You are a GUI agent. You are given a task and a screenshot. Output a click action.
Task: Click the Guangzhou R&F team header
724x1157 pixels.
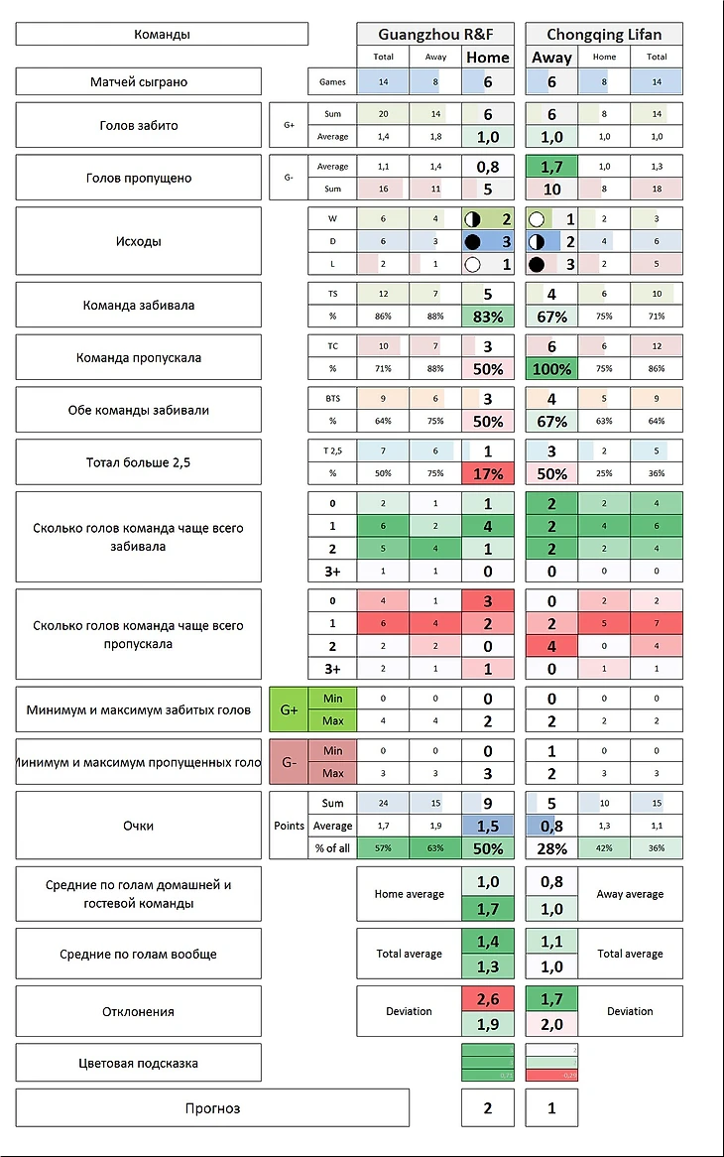[x=435, y=35]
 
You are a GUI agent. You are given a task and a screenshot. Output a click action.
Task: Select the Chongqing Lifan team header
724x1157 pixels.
[x=604, y=35]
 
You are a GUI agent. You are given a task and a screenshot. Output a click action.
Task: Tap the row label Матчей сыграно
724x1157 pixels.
[x=138, y=81]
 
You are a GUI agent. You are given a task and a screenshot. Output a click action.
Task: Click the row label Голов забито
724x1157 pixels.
[x=138, y=125]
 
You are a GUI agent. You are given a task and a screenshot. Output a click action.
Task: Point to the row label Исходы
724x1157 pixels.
[x=138, y=240]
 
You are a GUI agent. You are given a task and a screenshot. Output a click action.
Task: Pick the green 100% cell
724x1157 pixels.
[x=551, y=369]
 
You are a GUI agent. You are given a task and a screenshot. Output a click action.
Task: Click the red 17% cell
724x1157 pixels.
[x=488, y=474]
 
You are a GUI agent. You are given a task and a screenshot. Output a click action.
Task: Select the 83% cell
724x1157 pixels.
[x=488, y=317]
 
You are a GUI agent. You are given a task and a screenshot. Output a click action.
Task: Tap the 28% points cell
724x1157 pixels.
[x=551, y=848]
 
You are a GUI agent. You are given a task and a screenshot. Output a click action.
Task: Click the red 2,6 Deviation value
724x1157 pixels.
[x=488, y=1000]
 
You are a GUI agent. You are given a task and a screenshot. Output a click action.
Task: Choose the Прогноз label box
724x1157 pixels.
[x=212, y=1107]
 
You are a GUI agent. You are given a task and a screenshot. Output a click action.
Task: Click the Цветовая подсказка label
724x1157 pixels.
[x=138, y=1063]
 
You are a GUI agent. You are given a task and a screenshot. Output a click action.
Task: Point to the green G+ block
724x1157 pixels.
[x=289, y=709]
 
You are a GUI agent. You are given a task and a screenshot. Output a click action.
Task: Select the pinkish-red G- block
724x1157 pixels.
[x=289, y=762]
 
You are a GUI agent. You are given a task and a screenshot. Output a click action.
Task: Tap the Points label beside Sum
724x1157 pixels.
[x=288, y=826]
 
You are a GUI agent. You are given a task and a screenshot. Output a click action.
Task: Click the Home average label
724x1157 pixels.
[x=409, y=894]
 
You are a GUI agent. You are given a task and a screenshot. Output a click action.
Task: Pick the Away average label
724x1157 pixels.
[x=630, y=894]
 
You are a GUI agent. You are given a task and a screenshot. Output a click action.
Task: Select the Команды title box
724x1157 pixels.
[x=162, y=35]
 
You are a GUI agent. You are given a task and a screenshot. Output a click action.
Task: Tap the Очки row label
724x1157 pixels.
[x=138, y=826]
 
